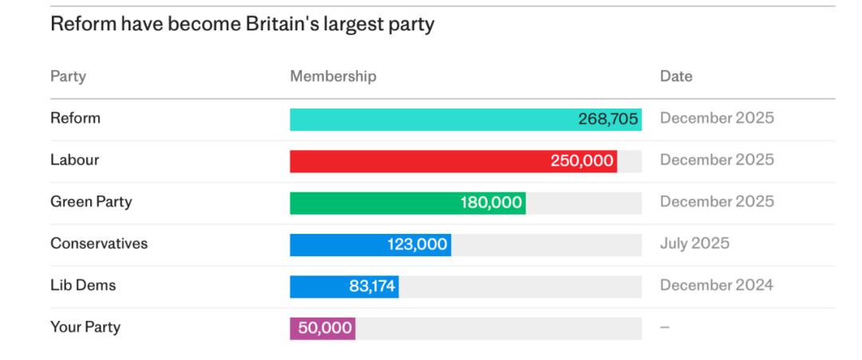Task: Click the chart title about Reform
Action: (242, 25)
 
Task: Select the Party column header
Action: (68, 77)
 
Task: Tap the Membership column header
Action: (333, 77)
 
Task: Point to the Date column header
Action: (676, 77)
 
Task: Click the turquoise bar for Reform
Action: (431, 120)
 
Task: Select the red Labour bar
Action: (415, 161)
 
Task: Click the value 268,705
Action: (608, 120)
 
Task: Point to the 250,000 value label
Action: (582, 161)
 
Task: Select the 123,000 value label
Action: (417, 244)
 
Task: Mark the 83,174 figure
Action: (372, 286)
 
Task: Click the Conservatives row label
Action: (99, 243)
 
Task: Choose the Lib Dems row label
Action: (83, 285)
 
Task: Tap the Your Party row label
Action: (85, 327)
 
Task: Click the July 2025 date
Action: (694, 243)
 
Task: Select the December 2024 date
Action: (716, 285)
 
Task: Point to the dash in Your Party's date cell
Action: (665, 328)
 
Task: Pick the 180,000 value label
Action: (491, 203)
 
